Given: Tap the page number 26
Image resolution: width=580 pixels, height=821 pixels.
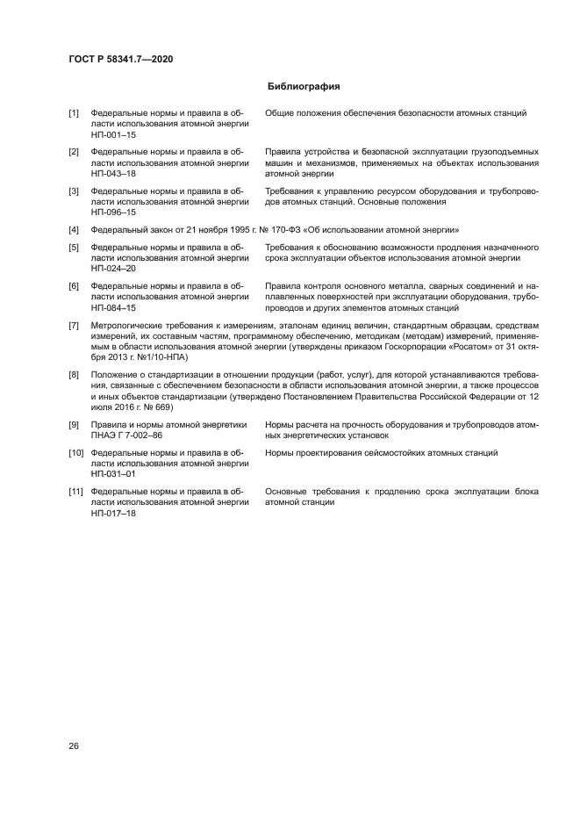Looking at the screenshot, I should tap(74, 746).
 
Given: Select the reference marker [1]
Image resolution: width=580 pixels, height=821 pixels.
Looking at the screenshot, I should tap(74, 114).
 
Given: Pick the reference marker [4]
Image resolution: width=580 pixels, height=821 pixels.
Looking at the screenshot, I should tap(74, 229).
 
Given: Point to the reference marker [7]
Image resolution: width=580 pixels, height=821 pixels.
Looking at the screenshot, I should tap(74, 326).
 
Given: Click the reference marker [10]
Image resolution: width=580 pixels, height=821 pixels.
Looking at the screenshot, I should tap(76, 453).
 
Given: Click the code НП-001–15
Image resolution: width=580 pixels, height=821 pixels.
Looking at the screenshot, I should tap(113, 136).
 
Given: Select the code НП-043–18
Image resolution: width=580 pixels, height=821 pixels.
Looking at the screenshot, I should tap(113, 174).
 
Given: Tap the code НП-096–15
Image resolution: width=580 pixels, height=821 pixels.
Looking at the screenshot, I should tap(113, 212).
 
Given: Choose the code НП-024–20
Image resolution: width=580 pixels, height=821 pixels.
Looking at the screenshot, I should tap(113, 269).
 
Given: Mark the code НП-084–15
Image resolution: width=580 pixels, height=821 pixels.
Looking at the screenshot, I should tap(113, 307).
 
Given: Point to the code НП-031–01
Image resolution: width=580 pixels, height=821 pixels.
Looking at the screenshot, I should tap(113, 475).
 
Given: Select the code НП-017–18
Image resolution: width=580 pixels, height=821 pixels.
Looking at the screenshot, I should tap(113, 513).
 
